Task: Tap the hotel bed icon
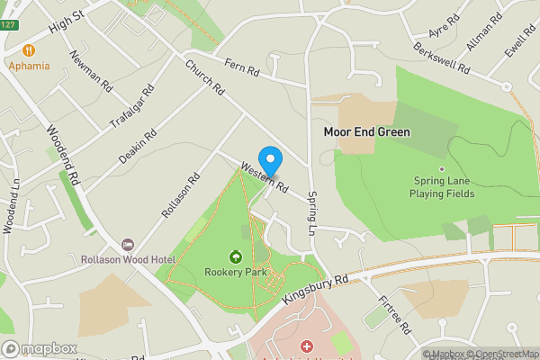coord(128,245)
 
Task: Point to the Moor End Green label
coord(366,132)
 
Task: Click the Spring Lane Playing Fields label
coord(441,187)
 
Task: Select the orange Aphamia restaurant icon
coord(29,49)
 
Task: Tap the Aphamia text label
coord(29,65)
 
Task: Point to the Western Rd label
coord(264,177)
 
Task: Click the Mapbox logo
coord(39,348)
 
